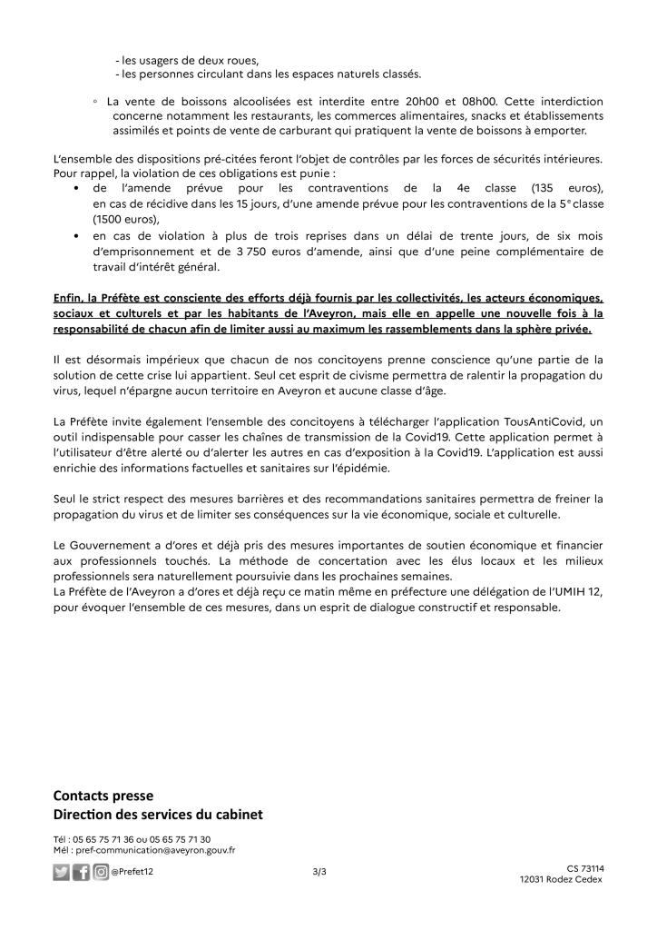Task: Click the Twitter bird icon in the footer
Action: [x=62, y=873]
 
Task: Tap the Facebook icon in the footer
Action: [x=82, y=873]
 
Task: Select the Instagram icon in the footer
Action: [x=101, y=873]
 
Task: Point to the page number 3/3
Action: [x=319, y=872]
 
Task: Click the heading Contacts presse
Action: [x=103, y=796]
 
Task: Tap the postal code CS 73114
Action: [x=585, y=868]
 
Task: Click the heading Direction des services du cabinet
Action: [x=158, y=813]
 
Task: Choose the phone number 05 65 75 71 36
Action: [x=108, y=839]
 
